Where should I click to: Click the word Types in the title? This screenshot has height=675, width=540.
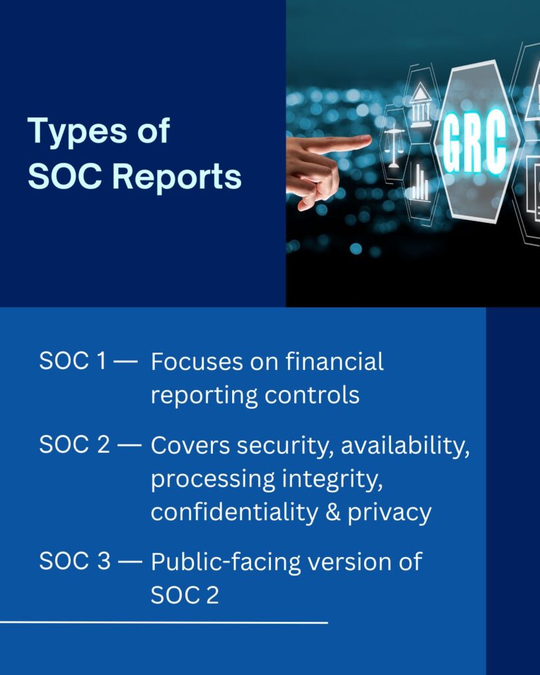tap(78, 132)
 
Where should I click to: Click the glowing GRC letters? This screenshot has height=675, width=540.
tap(475, 141)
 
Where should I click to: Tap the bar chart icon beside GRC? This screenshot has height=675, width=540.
tap(419, 183)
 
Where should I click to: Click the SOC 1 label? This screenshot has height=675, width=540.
tap(73, 361)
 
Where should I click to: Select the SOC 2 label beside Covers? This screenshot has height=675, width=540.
tap(75, 444)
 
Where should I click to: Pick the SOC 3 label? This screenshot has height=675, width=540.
tap(75, 561)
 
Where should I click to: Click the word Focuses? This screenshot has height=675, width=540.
tap(196, 362)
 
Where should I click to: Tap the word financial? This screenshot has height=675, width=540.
tap(334, 361)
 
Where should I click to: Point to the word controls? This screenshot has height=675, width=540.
tap(312, 396)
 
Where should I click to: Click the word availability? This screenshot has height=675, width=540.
tap(405, 446)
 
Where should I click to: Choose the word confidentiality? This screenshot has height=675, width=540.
tap(235, 512)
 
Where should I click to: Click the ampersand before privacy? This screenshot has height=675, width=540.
tap(333, 512)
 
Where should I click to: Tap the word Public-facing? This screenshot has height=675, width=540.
tap(226, 563)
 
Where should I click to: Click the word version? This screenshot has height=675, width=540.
tap(350, 562)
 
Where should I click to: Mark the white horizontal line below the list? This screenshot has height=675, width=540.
tap(164, 622)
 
